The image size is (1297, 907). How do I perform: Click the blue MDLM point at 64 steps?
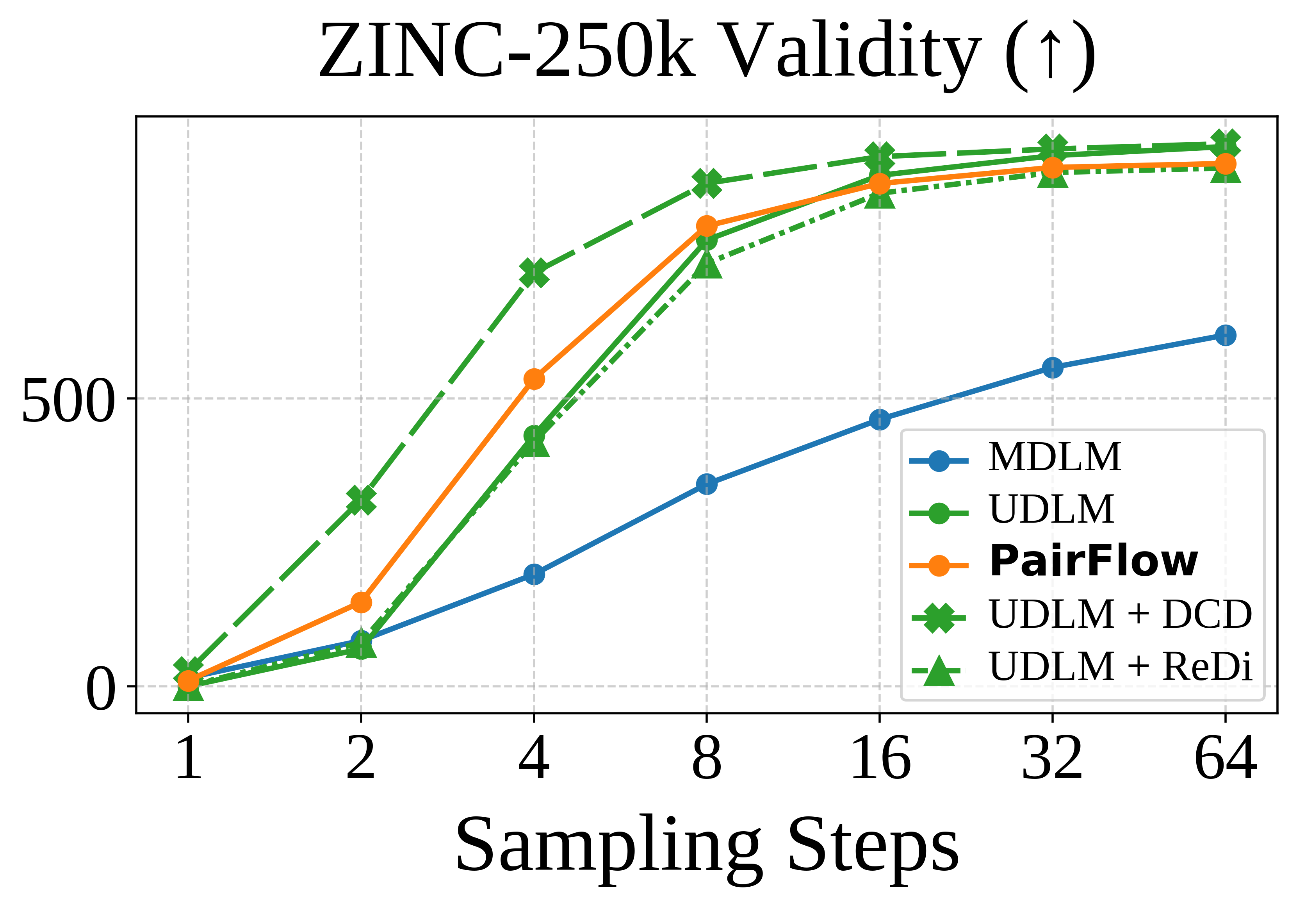coord(1225,336)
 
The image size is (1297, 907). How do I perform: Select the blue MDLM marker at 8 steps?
coord(707,484)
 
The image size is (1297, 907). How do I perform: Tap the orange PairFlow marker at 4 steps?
coord(534,379)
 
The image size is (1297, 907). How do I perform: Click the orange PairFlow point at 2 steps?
coord(361,602)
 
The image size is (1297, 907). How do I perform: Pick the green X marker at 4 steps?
coord(534,273)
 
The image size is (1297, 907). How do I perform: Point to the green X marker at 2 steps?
coord(361,500)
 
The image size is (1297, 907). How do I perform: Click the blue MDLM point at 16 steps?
coord(880,419)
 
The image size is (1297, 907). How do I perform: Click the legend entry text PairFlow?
coord(1093,562)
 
